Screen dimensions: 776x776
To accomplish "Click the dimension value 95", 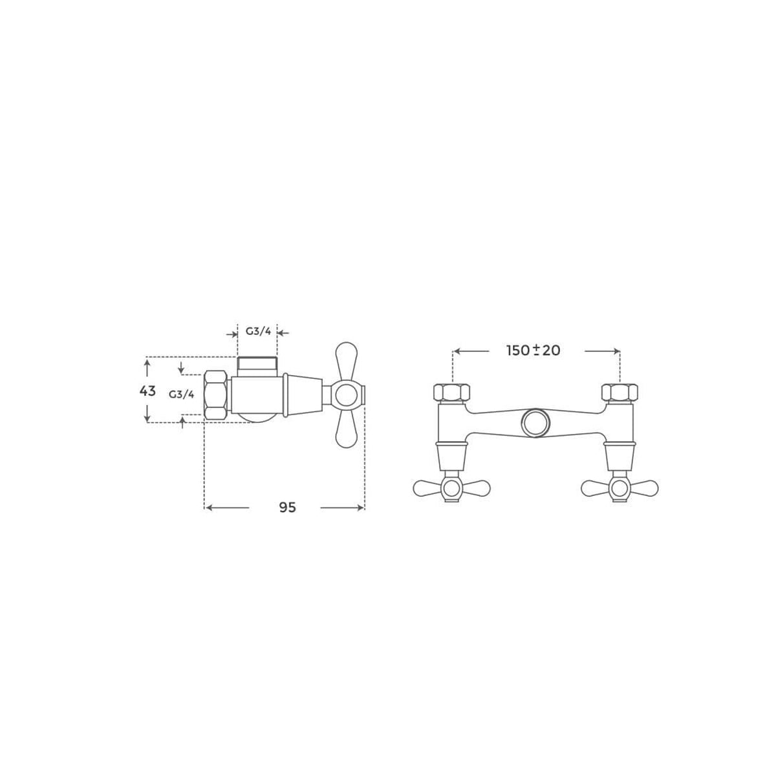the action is pos(287,508).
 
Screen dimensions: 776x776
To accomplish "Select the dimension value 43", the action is pos(147,391).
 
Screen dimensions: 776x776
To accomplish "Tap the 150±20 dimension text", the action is pos(533,350).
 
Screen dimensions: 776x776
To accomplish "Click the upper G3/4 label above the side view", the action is pos(258,332).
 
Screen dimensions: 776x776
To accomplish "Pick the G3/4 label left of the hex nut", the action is pos(181,394).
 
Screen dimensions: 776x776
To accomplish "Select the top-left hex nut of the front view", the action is pos(452,393).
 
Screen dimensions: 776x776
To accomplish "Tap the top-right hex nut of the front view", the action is pos(620,393).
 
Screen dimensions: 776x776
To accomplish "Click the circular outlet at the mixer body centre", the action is pos(535,423).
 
